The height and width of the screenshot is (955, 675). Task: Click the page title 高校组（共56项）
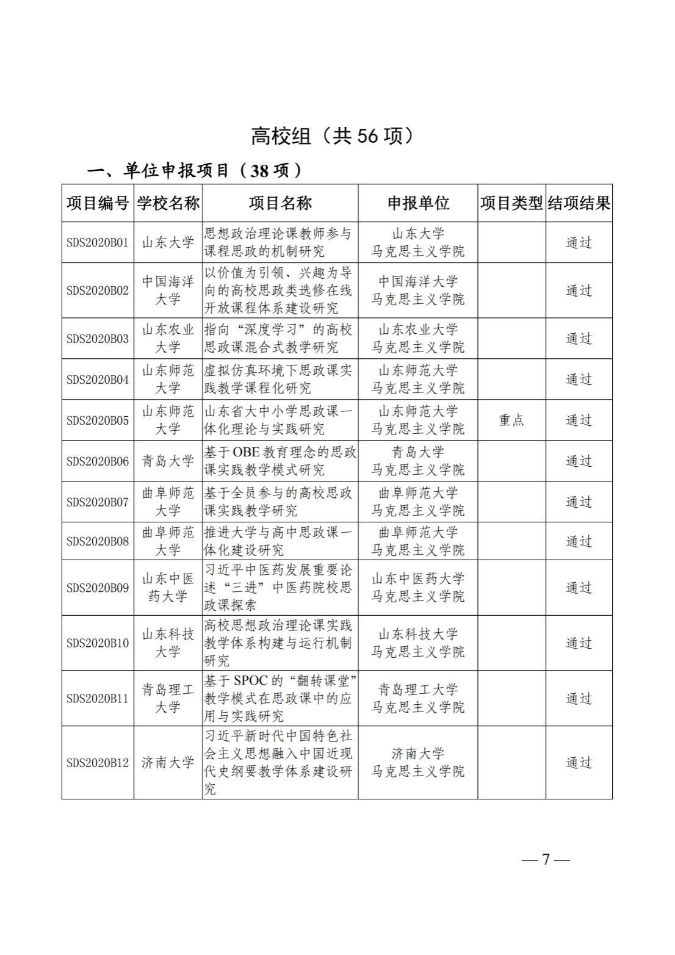click(332, 135)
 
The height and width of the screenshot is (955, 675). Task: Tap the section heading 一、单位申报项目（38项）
click(195, 170)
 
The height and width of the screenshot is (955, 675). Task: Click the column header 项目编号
click(98, 203)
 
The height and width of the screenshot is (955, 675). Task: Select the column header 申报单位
click(418, 203)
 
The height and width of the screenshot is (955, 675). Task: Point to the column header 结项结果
click(579, 203)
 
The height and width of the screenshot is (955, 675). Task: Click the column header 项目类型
click(511, 203)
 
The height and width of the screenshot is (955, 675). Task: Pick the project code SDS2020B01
click(98, 242)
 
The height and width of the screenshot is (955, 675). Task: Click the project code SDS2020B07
click(98, 502)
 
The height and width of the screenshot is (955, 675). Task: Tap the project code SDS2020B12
click(98, 762)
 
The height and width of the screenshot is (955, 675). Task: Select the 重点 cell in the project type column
click(511, 420)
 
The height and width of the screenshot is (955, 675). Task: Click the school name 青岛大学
click(168, 461)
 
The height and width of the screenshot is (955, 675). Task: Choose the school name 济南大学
click(168, 762)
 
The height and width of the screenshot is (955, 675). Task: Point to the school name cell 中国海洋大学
click(168, 290)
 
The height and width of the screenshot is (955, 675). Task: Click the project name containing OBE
click(280, 461)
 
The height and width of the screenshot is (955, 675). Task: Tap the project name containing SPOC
click(280, 698)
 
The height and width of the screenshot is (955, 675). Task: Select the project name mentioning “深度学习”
click(280, 338)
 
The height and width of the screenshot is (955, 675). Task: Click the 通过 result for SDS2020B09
click(579, 588)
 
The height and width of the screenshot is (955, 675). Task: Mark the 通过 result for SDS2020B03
click(579, 338)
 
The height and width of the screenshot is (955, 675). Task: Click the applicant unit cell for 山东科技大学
click(418, 643)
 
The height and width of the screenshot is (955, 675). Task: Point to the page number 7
click(546, 859)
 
